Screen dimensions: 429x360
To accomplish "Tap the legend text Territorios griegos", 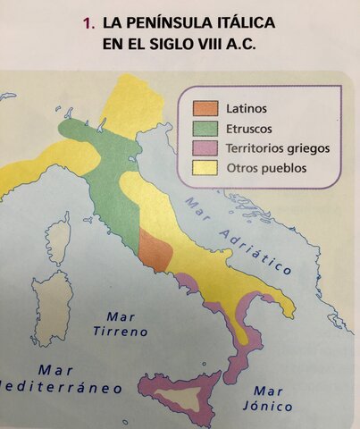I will pyautogui.click(x=278, y=148).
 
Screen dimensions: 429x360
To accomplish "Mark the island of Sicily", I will pyautogui.click(x=183, y=394).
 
